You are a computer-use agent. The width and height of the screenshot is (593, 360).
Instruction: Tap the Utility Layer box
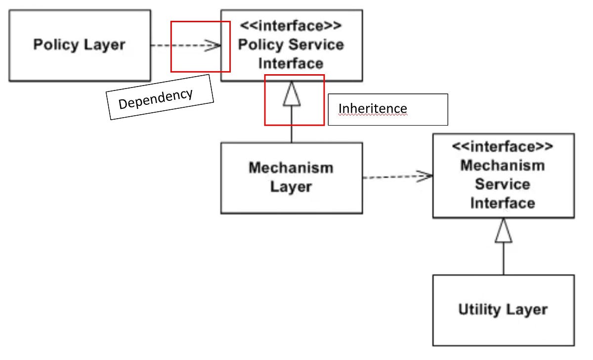coord(503,310)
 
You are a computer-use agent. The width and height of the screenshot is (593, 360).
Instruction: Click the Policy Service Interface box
coord(291,45)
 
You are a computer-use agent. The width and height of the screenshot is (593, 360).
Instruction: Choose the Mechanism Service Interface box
coord(503,176)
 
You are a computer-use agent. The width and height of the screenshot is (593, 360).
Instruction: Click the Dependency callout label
coord(160,97)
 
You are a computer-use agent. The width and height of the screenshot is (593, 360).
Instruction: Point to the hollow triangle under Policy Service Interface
coord(292,94)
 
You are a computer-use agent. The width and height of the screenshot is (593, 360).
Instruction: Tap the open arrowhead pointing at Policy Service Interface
coord(214,45)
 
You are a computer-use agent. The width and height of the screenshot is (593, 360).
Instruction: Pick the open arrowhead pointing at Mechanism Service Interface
coord(425,176)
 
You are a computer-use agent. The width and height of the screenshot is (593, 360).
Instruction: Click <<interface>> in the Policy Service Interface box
coord(291,26)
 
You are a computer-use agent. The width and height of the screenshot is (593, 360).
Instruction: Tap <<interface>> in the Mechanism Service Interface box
coord(503,147)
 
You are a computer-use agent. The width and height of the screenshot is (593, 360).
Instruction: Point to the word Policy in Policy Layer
coord(53,45)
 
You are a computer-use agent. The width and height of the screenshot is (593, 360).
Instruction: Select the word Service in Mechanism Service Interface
coord(503,184)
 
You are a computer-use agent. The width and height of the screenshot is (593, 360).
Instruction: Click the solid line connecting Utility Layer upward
coord(504,260)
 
